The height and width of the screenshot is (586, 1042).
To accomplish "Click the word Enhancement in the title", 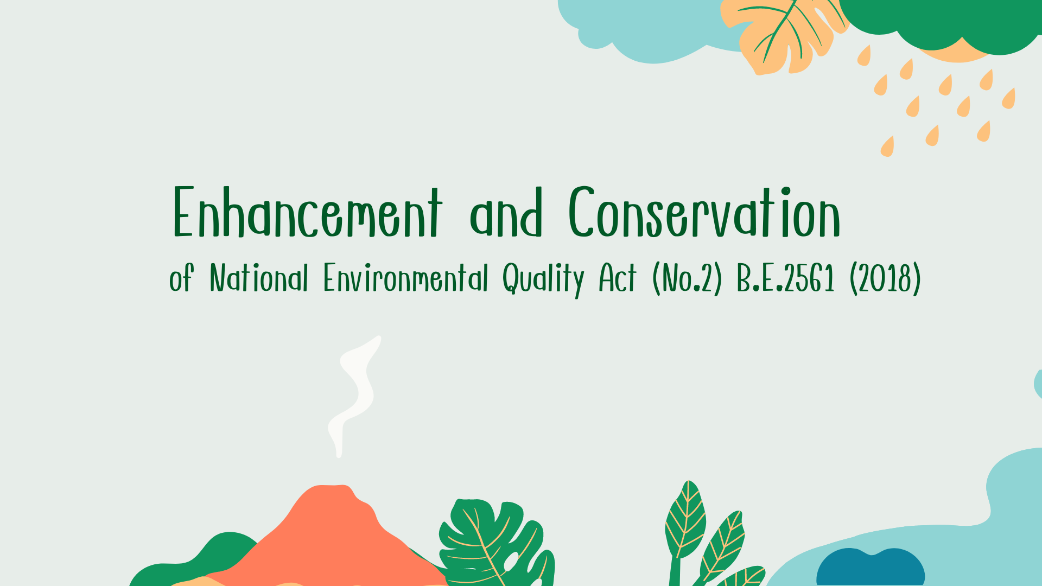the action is tap(308, 212).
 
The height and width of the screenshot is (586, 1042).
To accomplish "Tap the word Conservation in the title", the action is tap(704, 212).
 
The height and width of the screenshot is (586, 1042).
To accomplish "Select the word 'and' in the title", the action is tap(506, 213).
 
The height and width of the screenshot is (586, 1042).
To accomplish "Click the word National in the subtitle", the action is tap(259, 278).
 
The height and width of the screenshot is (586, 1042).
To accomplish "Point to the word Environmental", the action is tap(405, 278).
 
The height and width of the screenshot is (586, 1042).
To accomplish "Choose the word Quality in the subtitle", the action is tap(543, 279).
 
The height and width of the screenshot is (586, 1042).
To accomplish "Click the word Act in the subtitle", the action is tap(617, 278).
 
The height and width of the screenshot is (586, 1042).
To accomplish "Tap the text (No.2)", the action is tap(687, 279).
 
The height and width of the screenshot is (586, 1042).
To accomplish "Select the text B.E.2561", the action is tap(785, 278).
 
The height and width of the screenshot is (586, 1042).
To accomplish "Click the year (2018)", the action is tap(885, 279).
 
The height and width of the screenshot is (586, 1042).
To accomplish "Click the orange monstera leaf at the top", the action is tap(787, 35).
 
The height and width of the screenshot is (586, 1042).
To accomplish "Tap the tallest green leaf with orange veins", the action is tap(685, 521).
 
